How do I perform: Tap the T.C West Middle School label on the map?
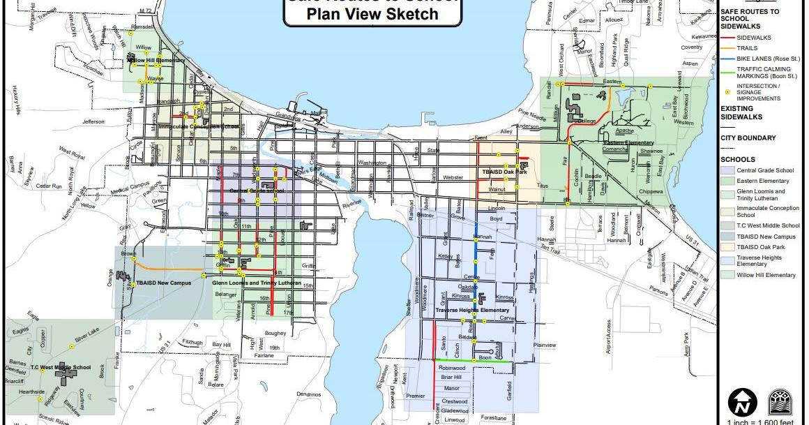click(60, 367)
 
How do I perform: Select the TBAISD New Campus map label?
click(164, 283)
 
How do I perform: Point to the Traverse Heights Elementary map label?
click(472, 310)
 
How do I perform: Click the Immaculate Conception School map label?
click(199, 127)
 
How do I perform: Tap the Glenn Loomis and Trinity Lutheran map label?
click(257, 283)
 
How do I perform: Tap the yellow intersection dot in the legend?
click(727, 91)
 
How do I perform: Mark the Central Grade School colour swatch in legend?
click(727, 170)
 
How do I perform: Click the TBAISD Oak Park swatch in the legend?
click(727, 247)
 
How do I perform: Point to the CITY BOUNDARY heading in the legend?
click(748, 138)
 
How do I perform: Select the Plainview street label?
click(544, 345)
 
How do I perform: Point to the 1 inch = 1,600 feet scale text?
click(760, 422)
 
